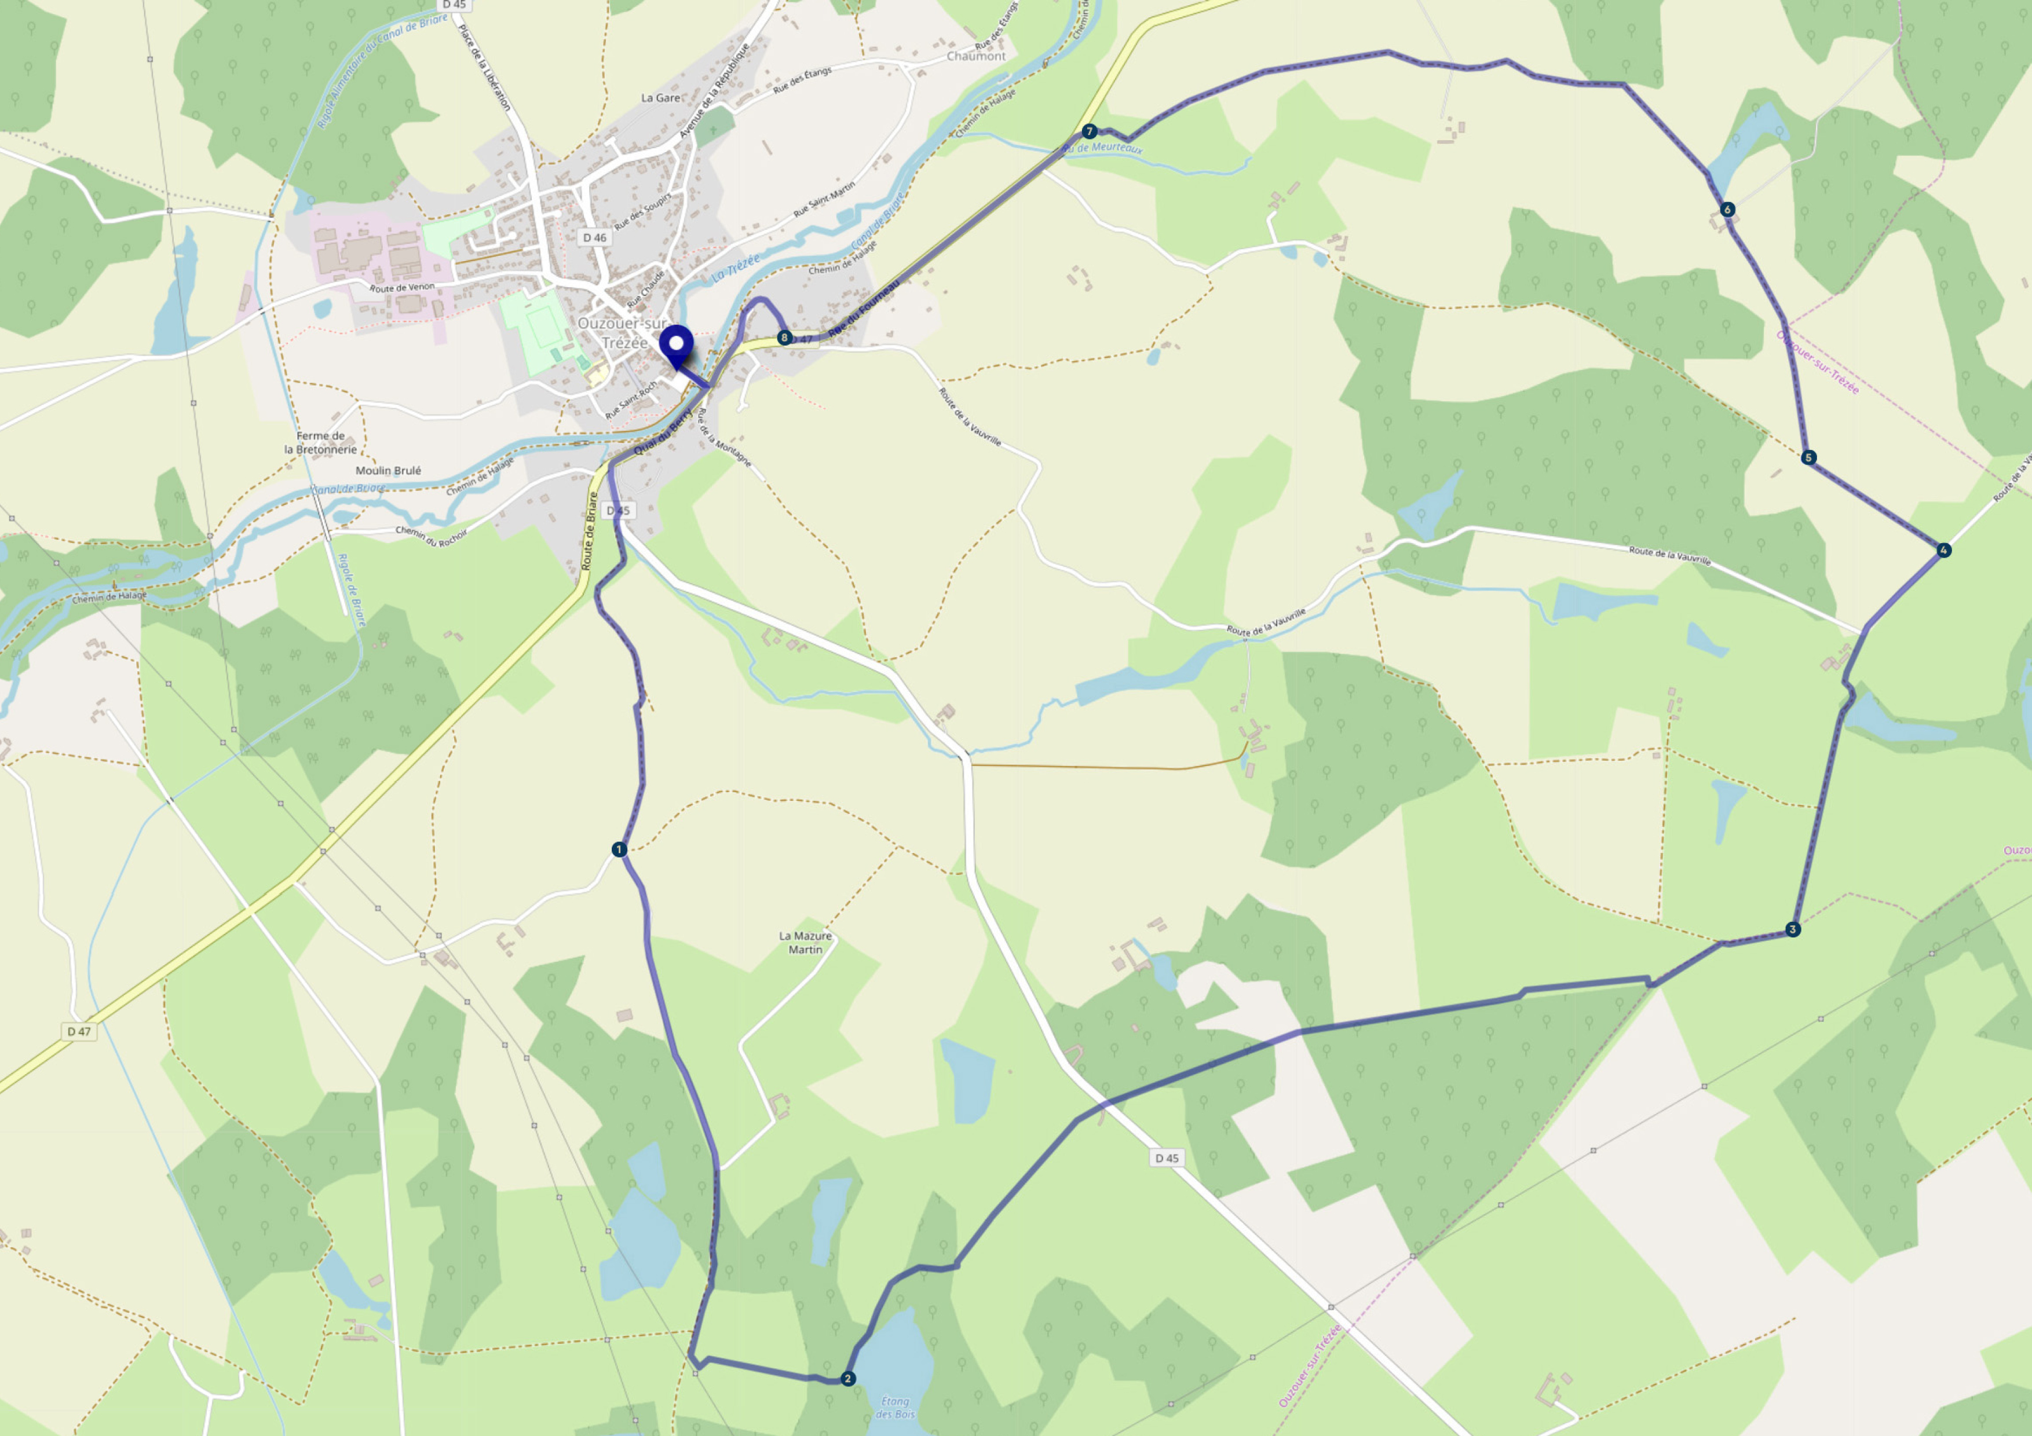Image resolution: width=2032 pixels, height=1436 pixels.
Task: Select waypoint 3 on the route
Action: pos(1792,929)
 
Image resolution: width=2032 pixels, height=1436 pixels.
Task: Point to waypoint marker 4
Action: pos(1943,550)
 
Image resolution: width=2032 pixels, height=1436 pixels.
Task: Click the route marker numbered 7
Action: pos(1090,131)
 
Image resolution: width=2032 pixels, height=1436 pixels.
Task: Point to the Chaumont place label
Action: pos(976,56)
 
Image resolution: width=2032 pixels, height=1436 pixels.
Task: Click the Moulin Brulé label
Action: pos(389,471)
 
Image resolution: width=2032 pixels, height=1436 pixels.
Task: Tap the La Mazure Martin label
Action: pos(805,942)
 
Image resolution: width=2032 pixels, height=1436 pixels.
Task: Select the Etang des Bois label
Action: pos(895,1407)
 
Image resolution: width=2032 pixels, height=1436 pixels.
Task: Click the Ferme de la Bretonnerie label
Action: pos(320,442)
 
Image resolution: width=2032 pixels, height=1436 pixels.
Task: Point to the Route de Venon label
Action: pos(402,288)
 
